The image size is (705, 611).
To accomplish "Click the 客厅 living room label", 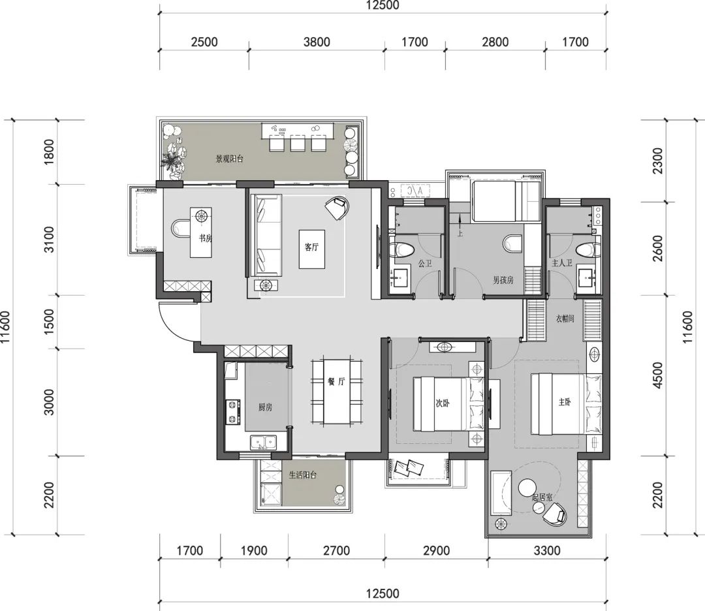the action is (x=311, y=247).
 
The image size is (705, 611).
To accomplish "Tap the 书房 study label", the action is (x=206, y=238).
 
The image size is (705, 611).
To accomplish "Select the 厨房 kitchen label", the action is (x=265, y=407).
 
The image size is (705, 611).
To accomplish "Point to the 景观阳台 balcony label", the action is (x=229, y=159).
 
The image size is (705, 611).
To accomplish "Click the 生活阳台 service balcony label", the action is (x=303, y=475).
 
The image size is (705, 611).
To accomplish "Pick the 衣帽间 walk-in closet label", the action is (x=565, y=319).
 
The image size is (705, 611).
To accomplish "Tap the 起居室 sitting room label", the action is (x=542, y=497).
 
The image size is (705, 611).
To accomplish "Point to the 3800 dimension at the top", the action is (x=317, y=42).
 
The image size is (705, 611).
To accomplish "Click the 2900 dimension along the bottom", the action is (x=436, y=550).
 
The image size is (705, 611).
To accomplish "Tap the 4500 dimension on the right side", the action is (x=657, y=375).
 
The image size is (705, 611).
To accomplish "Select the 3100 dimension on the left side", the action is (x=49, y=240).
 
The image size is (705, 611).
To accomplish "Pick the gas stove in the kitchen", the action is (x=232, y=412).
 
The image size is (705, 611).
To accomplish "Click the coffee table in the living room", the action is (x=312, y=249).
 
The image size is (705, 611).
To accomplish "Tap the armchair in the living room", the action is (x=338, y=208).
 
